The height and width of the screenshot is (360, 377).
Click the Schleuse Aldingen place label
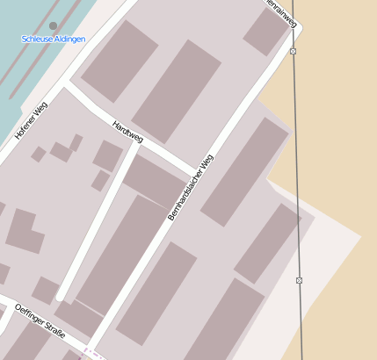tap(53, 40)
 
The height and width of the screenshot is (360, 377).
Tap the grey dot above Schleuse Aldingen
tap(54, 26)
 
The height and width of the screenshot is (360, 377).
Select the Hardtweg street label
tap(128, 132)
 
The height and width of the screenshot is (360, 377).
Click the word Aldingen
tap(69, 40)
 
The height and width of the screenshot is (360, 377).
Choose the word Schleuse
tap(37, 40)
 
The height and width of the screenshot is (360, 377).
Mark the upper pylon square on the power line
tap(293, 52)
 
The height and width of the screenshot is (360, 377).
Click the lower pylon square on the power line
tap(299, 280)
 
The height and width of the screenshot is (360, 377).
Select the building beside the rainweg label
tap(265, 32)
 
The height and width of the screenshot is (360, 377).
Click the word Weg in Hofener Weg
tap(40, 110)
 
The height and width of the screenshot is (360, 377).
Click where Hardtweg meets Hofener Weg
tap(64, 84)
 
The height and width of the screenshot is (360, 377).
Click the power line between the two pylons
tap(296, 167)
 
